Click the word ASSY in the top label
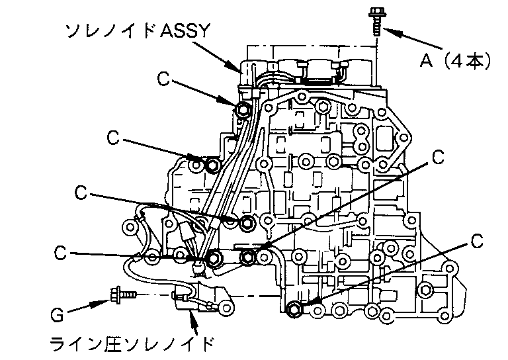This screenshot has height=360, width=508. (x=189, y=30)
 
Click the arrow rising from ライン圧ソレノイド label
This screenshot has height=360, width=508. (x=193, y=321)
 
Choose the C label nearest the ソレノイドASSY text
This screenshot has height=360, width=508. (x=164, y=79)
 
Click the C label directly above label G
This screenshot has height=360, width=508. (x=61, y=252)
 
